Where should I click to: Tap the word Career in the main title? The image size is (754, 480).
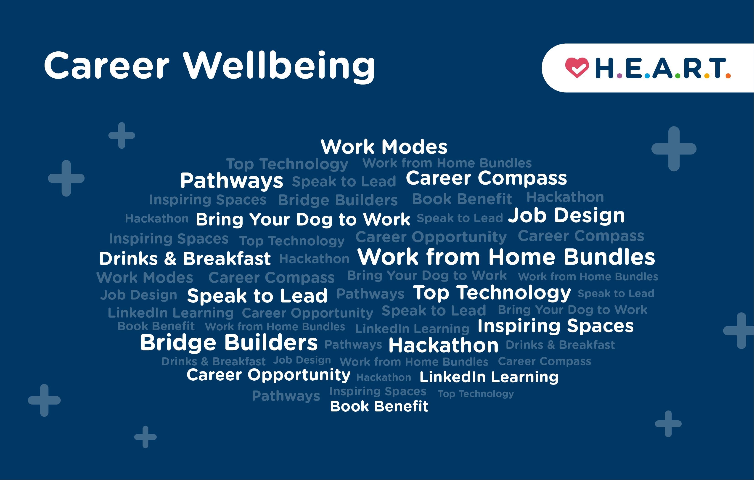106,66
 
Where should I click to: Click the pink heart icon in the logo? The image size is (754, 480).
577,68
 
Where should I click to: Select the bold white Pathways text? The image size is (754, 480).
231,181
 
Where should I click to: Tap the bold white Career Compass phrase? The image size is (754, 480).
486,178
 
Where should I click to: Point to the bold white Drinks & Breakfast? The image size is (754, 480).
185,259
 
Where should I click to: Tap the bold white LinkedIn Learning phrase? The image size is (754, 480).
489,377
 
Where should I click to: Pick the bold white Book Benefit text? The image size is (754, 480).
379,406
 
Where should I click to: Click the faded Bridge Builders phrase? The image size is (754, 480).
338,200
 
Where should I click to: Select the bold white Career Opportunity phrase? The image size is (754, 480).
268,375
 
